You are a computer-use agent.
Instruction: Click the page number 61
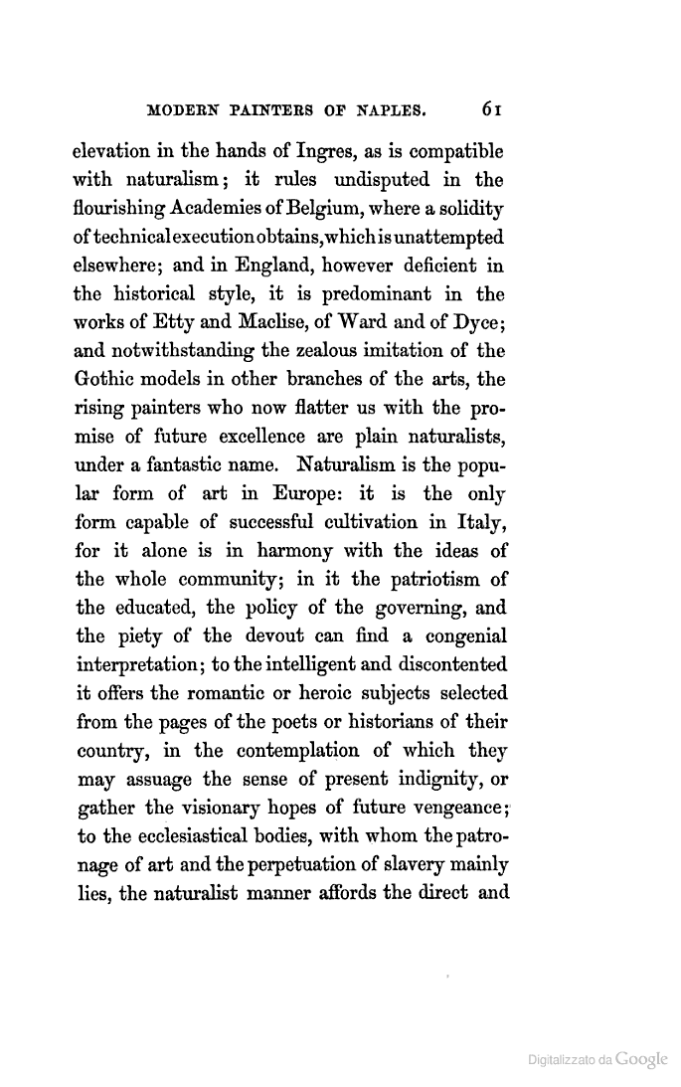490,107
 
